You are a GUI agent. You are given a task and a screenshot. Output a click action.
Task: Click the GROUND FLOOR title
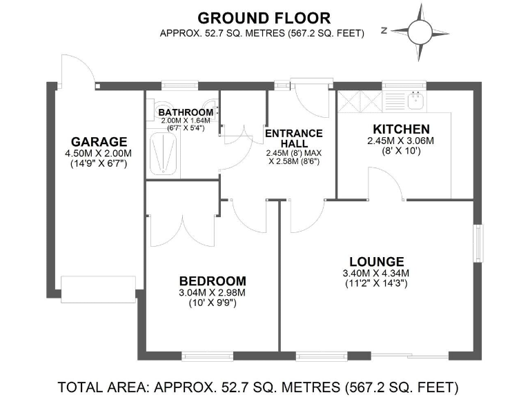pos(264,17)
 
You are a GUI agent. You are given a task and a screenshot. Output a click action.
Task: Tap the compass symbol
pos(418,30)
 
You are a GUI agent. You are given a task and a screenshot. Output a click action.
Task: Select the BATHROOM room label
pos(185,112)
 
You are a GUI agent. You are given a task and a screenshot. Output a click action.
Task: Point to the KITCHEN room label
pos(401,129)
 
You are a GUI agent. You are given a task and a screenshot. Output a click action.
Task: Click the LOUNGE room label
pos(376,261)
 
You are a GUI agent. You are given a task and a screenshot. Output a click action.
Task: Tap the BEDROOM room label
pos(212,281)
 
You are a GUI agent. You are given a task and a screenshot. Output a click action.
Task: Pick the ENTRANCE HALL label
pos(293,138)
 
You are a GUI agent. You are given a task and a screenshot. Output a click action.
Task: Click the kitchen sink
pos(415,101)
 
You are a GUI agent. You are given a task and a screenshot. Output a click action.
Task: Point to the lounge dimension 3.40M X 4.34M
pos(376,273)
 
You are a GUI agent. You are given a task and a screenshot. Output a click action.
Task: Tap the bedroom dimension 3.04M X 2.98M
pos(212,292)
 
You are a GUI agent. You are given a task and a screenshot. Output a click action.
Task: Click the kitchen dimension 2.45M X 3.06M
pos(401,141)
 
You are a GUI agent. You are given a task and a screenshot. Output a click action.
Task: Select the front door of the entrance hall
pos(302,96)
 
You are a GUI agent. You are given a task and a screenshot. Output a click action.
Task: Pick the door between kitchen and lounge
pos(384,183)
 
